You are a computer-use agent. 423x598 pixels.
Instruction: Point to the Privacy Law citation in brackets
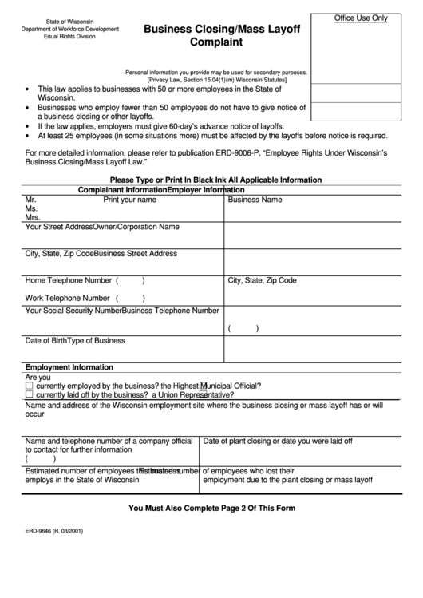tap(223, 79)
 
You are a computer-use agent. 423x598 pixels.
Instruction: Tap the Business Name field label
tap(255, 200)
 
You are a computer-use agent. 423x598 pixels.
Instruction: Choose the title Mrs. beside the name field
tap(33, 217)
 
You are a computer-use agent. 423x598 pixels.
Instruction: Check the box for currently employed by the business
tap(30, 386)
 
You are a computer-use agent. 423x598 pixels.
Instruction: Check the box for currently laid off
tap(30, 394)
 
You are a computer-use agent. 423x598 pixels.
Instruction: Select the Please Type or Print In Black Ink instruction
tap(215, 180)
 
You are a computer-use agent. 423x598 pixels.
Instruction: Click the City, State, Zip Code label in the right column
tap(263, 281)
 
